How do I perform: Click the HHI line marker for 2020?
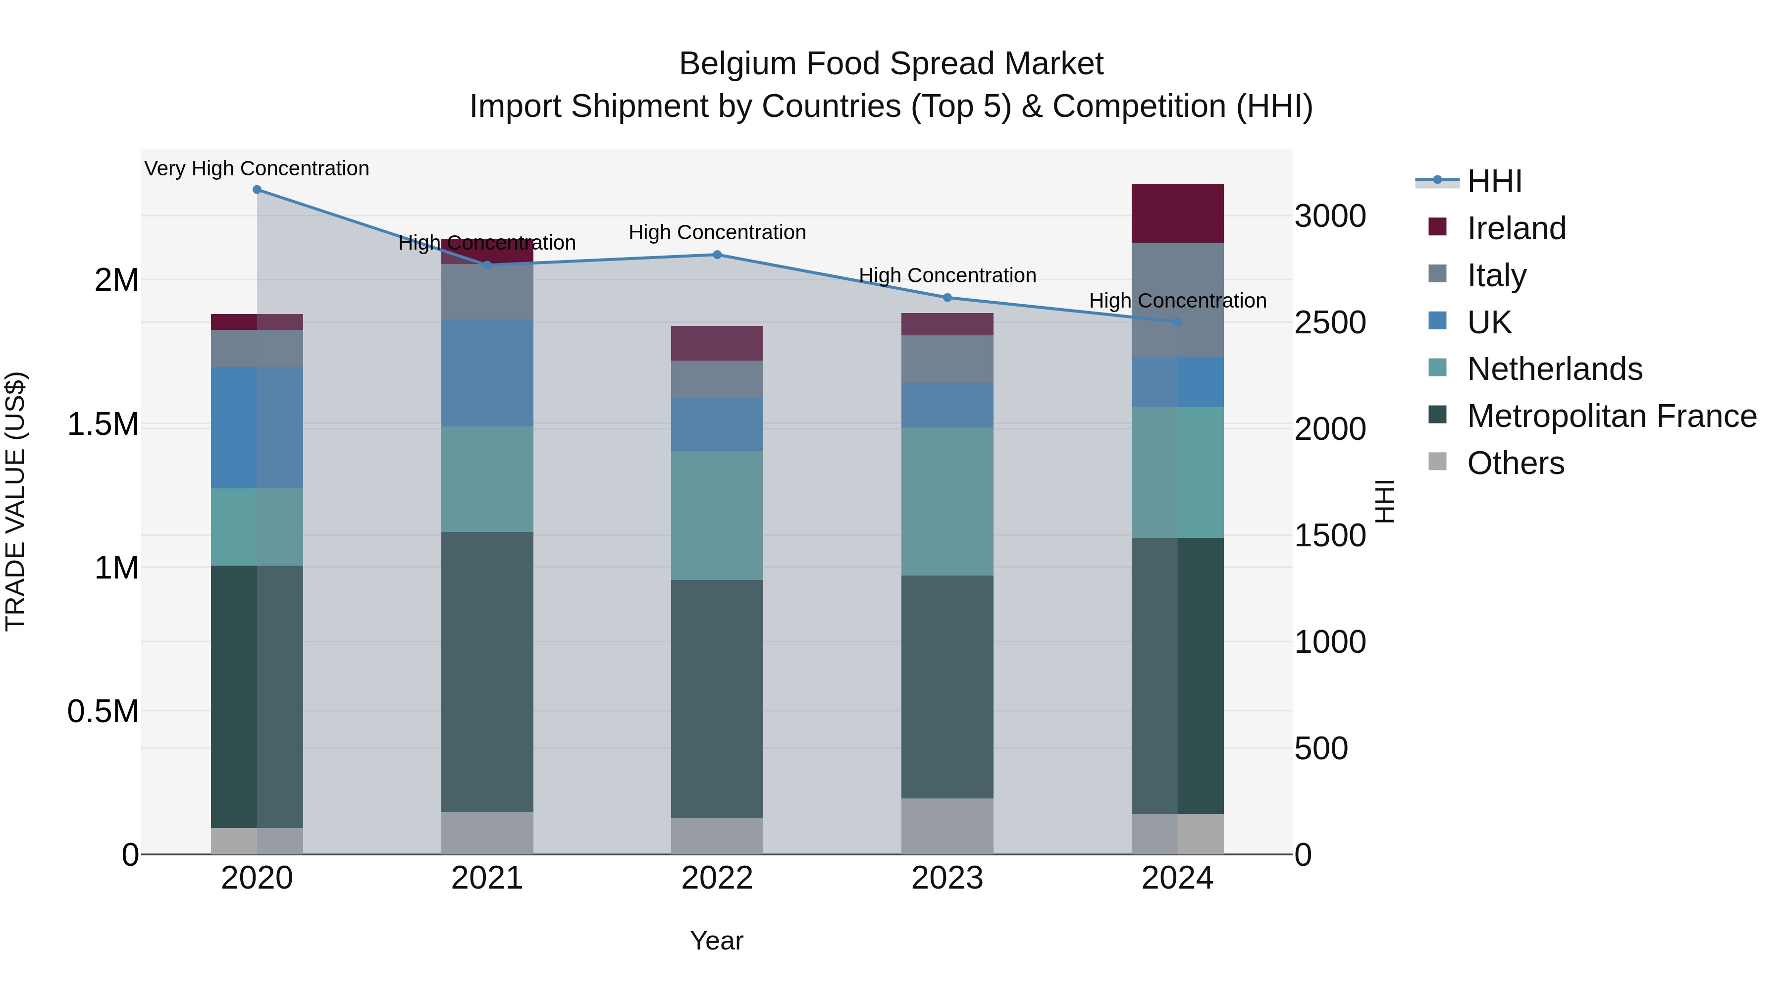click(257, 190)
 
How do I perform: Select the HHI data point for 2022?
click(717, 255)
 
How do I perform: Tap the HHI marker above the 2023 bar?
click(947, 298)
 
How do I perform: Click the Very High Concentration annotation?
click(257, 168)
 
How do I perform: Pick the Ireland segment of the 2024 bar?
click(1177, 213)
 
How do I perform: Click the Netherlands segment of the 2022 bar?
click(717, 516)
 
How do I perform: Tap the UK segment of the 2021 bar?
click(487, 372)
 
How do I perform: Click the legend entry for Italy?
click(1496, 275)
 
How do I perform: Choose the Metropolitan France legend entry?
click(1611, 416)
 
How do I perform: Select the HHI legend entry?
click(1494, 181)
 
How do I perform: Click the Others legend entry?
click(1515, 463)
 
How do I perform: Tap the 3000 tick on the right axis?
click(1330, 216)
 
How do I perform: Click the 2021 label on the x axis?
click(487, 878)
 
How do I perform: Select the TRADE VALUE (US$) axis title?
click(15, 501)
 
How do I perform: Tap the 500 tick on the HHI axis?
click(1320, 748)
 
